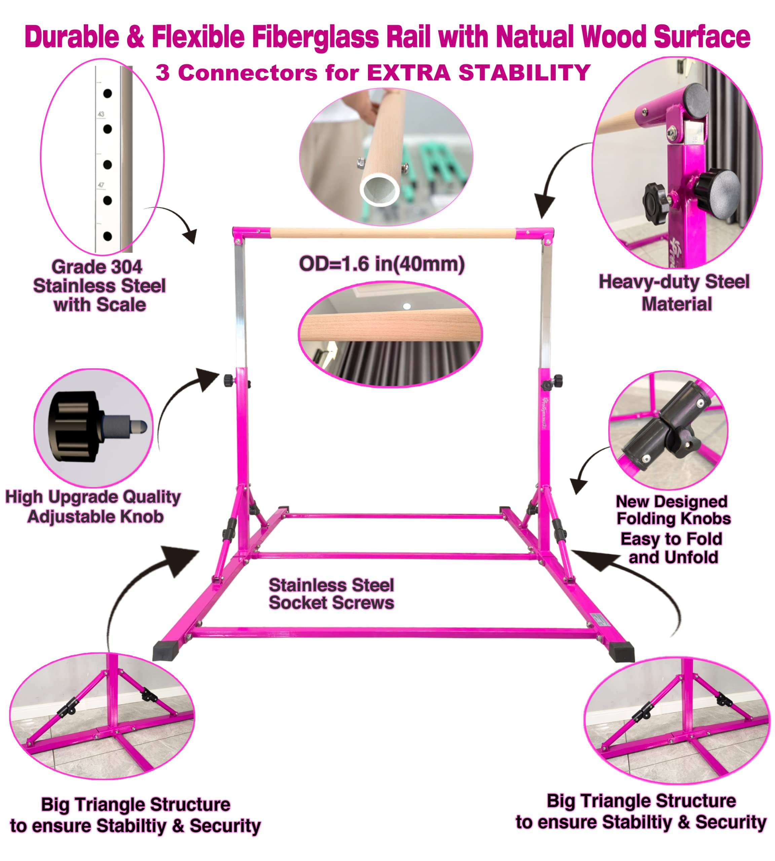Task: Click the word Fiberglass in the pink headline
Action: [315, 37]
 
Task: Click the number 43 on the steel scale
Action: [101, 114]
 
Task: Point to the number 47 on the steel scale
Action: [101, 185]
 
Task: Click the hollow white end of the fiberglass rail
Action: [379, 189]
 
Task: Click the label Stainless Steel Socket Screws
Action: [331, 594]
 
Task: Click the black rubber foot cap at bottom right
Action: [622, 652]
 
